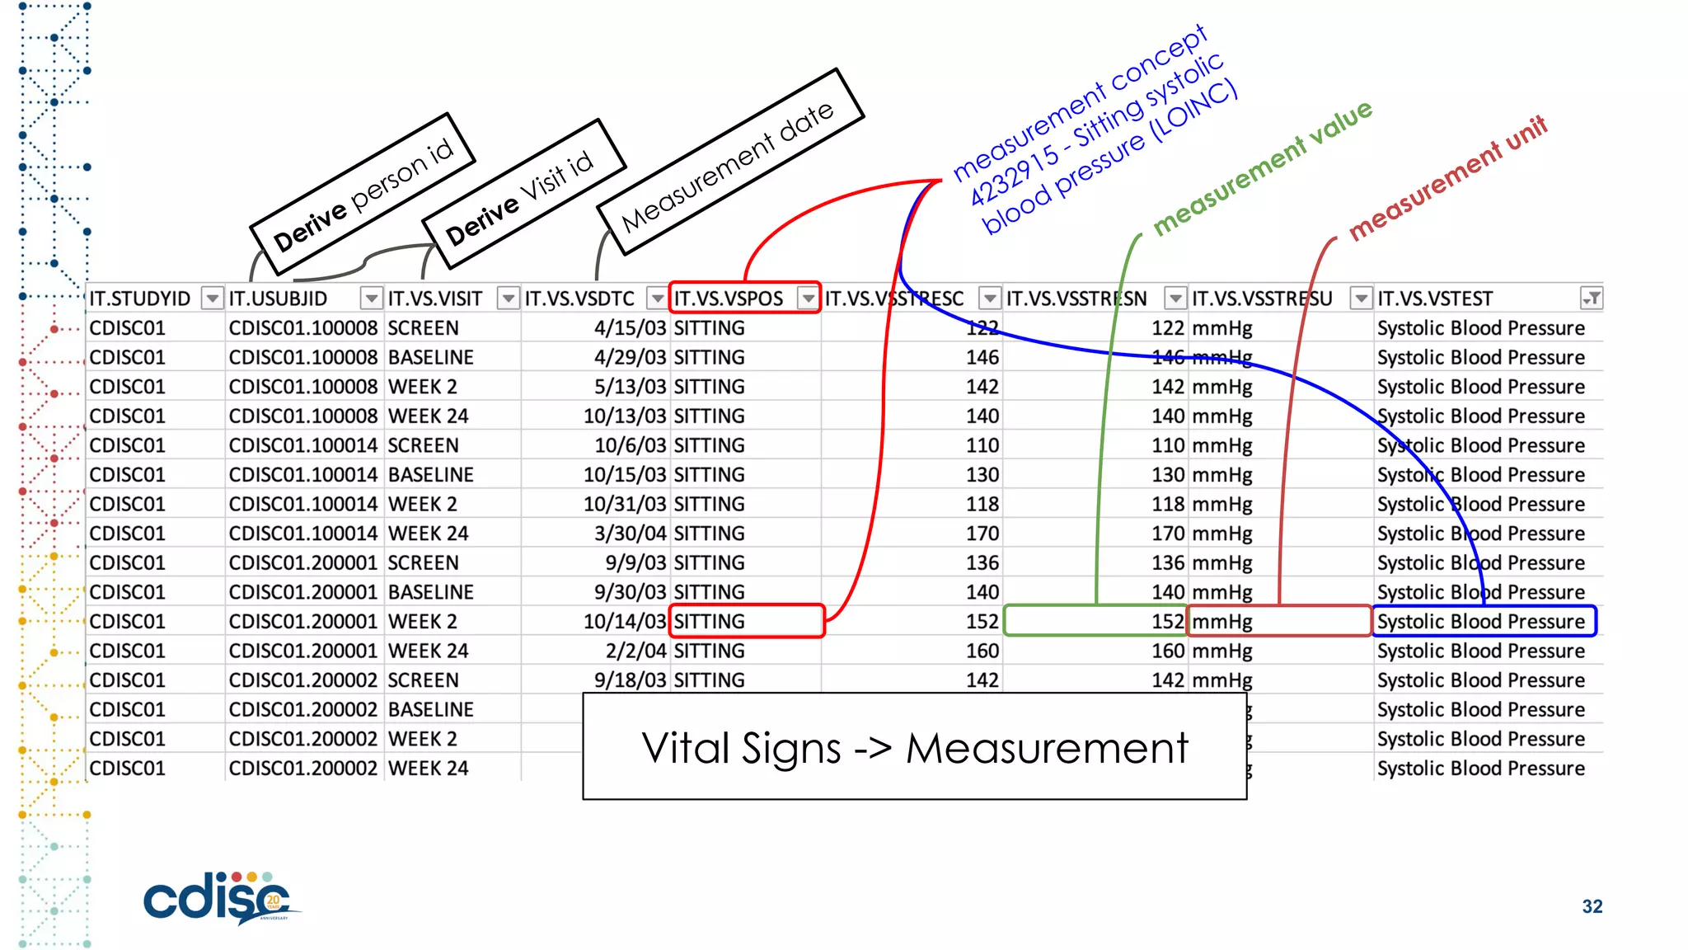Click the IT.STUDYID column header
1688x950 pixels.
click(140, 299)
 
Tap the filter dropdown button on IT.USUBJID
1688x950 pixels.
click(372, 299)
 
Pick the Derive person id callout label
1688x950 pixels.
click(363, 195)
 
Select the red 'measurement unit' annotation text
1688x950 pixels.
click(1447, 177)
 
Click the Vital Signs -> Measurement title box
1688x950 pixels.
click(914, 747)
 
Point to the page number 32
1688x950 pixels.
click(1592, 906)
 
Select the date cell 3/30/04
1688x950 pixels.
click(630, 534)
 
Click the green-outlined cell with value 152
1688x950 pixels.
click(1096, 621)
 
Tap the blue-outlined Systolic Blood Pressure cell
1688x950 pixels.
click(1482, 621)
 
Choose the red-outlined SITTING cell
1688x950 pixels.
click(745, 621)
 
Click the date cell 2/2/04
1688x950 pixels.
click(635, 651)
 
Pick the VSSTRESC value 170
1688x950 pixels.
click(982, 534)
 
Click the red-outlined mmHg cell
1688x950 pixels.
click(1278, 621)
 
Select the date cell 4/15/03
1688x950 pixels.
click(630, 328)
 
